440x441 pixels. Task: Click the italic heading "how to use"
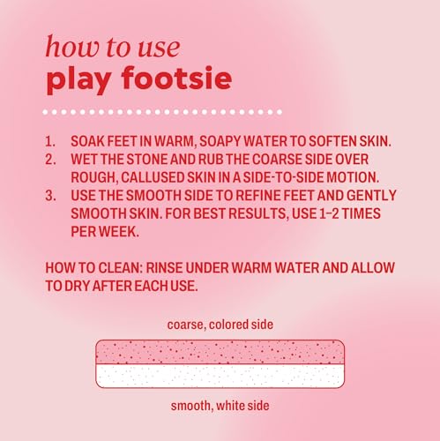(x=113, y=47)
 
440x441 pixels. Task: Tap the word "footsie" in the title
(x=176, y=78)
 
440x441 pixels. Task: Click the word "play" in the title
(x=78, y=80)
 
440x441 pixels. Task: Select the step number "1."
(x=50, y=141)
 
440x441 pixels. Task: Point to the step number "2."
(x=50, y=160)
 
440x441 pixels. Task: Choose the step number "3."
(x=50, y=196)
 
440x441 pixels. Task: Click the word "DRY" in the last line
(x=77, y=286)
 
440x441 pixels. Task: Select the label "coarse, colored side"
(x=220, y=325)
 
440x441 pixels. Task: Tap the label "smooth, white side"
(x=220, y=406)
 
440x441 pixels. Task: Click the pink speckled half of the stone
(x=220, y=352)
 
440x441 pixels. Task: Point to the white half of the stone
(x=220, y=376)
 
